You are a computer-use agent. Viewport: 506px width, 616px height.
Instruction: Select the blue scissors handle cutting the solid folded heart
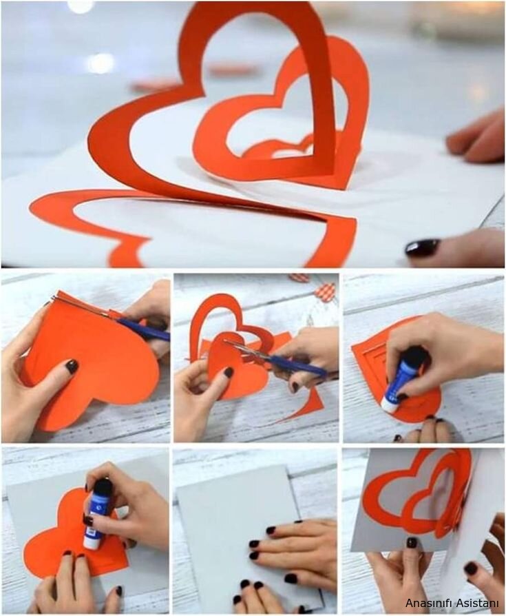[x=145, y=329]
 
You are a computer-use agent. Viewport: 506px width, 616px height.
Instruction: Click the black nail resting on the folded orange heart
[x=72, y=366]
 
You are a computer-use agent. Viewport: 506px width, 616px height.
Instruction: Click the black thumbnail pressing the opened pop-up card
[x=412, y=542]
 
